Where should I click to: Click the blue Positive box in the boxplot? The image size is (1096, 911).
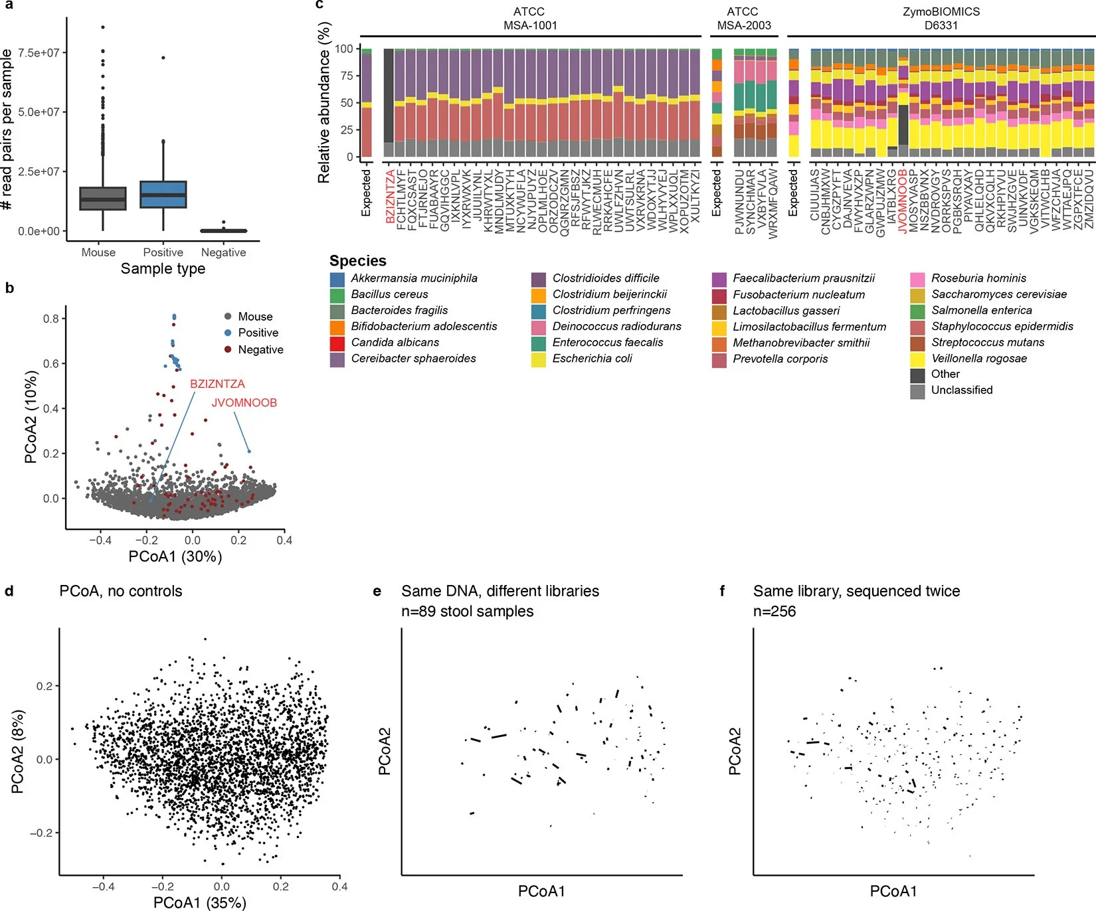click(x=163, y=195)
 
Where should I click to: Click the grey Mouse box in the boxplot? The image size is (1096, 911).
click(x=103, y=199)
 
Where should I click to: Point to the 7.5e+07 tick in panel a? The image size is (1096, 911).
click(x=39, y=52)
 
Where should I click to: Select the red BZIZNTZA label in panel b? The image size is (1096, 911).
click(x=217, y=384)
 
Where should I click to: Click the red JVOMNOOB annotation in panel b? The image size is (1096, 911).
click(x=244, y=402)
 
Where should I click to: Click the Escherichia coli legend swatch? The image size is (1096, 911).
click(x=538, y=359)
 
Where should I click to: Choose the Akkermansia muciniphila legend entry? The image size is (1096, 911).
click(x=413, y=278)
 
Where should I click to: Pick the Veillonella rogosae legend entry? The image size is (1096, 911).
click(x=978, y=359)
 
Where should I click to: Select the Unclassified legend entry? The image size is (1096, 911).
click(x=961, y=390)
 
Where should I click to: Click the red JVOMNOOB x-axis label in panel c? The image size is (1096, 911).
click(x=903, y=201)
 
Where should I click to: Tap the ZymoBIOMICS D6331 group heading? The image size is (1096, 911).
click(x=941, y=19)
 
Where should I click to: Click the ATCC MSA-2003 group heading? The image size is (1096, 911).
click(x=743, y=19)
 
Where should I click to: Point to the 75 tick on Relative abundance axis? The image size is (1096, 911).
click(x=345, y=76)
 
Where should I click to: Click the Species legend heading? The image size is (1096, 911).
click(x=357, y=261)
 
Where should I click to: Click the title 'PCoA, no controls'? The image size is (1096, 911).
click(x=120, y=591)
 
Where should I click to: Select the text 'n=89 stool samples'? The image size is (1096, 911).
click(x=467, y=611)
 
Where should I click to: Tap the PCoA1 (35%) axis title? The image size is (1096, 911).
click(x=199, y=902)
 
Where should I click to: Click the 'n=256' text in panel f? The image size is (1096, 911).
click(x=774, y=611)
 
